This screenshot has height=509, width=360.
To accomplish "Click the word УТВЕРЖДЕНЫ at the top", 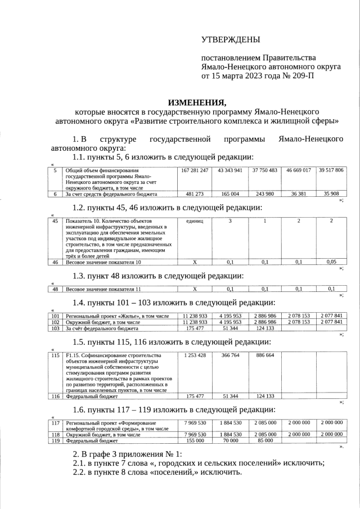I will tap(231, 39).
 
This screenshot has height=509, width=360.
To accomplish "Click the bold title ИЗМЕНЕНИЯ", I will tap(197, 102).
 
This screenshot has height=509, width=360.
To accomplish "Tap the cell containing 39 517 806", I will tap(331, 170).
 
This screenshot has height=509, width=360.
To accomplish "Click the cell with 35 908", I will tap(331, 194).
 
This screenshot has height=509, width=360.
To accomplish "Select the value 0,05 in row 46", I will tap(331, 262).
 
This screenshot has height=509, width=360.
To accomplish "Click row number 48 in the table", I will tap(55, 289).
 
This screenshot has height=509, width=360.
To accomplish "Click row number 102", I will tap(55, 322).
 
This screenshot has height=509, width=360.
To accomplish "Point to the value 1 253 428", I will tap(195, 355).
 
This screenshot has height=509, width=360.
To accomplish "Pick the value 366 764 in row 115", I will tap(229, 355).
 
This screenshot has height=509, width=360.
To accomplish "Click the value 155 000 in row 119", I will tap(195, 441).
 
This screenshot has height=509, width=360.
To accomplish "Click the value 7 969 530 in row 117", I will tap(195, 422).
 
